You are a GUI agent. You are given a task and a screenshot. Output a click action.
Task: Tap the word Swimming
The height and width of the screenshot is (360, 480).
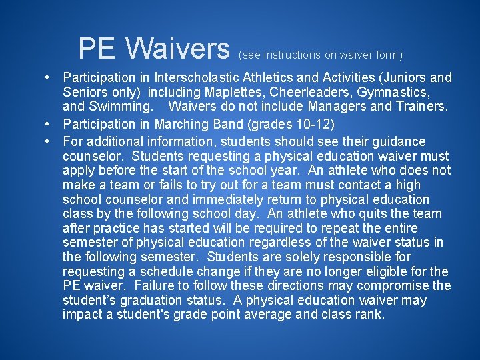123,106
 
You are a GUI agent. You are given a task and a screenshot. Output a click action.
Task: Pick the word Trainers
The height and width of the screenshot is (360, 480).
418,106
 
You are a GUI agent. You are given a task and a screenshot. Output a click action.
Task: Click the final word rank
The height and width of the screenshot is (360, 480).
370,315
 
